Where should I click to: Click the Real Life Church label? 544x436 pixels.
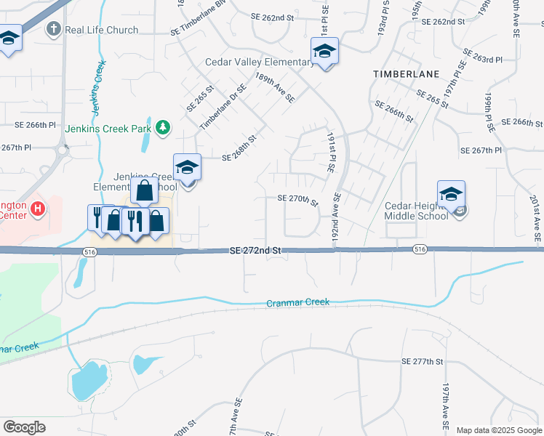tap(101, 30)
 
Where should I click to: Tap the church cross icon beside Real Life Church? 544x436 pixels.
tap(53, 30)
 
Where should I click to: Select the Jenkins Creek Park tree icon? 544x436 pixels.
tap(164, 128)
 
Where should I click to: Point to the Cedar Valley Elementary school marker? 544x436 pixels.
tap(324, 52)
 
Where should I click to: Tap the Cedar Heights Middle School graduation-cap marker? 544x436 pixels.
tap(451, 195)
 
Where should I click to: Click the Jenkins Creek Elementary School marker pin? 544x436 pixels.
tap(187, 168)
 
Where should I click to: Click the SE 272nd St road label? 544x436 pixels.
tap(255, 250)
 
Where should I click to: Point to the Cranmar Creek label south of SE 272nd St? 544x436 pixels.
tap(298, 302)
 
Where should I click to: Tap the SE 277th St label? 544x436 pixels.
tap(423, 361)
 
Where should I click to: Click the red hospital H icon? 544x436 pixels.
tap(38, 211)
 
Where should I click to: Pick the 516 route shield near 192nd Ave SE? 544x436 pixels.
tap(419, 249)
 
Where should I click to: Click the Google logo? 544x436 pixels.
tap(24, 427)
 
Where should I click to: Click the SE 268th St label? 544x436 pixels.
tap(239, 148)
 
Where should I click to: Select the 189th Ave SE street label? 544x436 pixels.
tap(274, 87)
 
